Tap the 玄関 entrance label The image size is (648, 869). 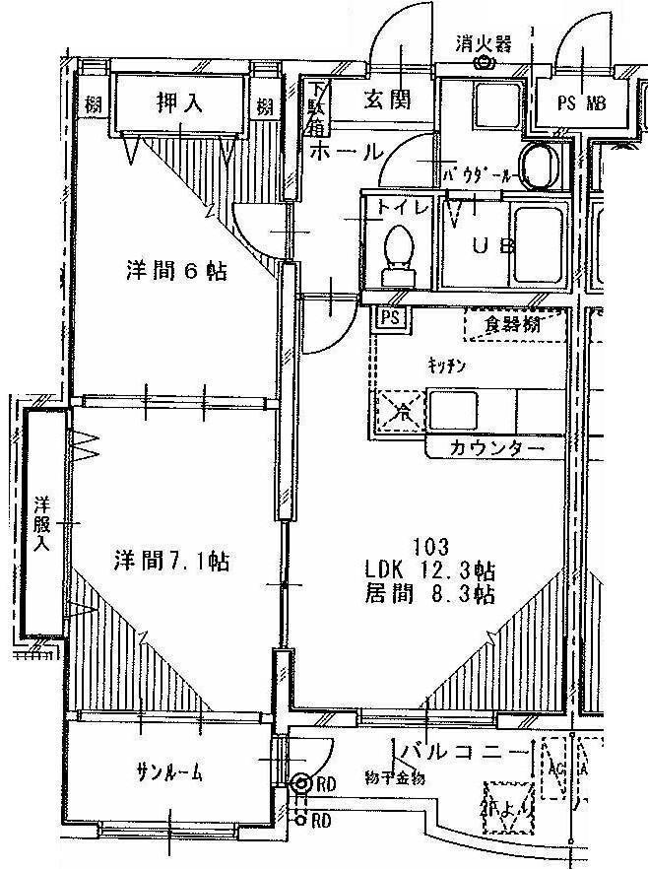(386, 99)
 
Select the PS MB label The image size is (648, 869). (581, 100)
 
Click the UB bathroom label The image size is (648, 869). (491, 246)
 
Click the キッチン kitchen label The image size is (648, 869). (446, 365)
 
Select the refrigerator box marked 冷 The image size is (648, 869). (398, 409)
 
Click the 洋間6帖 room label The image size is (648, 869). (176, 270)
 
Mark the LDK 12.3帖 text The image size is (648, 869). (429, 570)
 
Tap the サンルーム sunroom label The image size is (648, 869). (169, 773)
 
